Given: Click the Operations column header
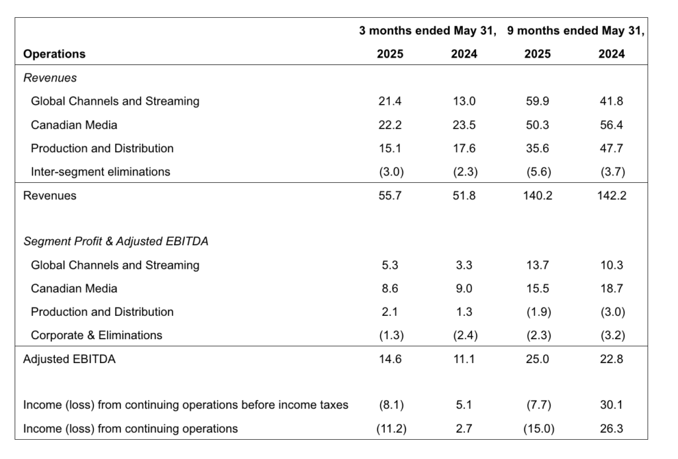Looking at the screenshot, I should click(x=54, y=54).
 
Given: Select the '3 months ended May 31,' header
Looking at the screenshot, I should click(x=428, y=31).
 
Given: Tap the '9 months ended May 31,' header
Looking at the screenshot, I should click(x=575, y=31).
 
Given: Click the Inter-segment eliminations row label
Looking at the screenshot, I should click(x=100, y=172).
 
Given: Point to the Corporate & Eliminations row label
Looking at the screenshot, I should click(x=96, y=335).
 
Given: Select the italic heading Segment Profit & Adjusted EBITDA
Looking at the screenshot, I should click(x=116, y=242).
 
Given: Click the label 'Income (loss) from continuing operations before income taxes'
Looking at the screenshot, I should click(x=185, y=405).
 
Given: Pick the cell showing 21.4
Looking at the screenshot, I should click(x=390, y=101).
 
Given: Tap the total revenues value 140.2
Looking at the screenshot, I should click(x=537, y=195).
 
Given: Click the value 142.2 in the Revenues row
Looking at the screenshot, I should click(x=611, y=195).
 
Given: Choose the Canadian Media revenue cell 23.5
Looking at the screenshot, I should click(x=463, y=125).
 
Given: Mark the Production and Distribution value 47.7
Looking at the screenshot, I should click(x=611, y=148).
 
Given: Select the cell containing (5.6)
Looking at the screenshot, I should click(x=537, y=172).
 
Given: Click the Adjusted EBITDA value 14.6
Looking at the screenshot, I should click(x=390, y=359).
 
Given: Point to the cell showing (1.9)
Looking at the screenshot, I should click(x=537, y=312).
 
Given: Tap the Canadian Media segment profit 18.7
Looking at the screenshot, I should click(x=611, y=288).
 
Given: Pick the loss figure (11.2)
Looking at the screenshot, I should click(x=390, y=429).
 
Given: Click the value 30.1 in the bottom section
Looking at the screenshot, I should click(x=611, y=405).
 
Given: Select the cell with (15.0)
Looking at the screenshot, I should click(x=537, y=429).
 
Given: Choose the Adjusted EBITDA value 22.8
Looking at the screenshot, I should click(x=611, y=359).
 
